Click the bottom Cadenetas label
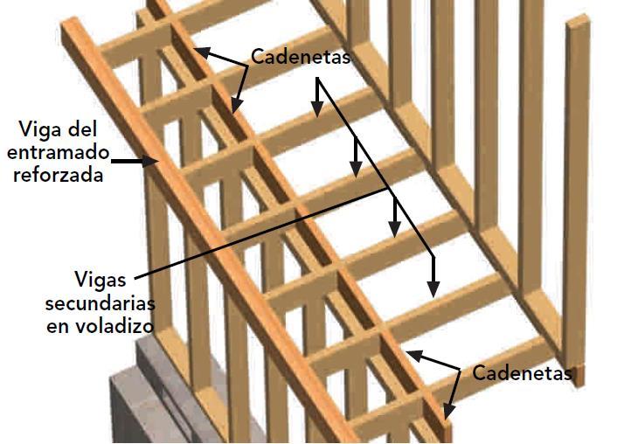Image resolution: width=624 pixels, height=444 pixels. pyautogui.click(x=523, y=373)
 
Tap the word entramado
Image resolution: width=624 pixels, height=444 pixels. pyautogui.click(x=59, y=152)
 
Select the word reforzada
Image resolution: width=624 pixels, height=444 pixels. pyautogui.click(x=65, y=174)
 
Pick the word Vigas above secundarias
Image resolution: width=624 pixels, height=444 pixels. pyautogui.click(x=101, y=281)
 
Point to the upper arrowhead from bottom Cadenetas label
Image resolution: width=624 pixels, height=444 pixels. pyautogui.click(x=411, y=354)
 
